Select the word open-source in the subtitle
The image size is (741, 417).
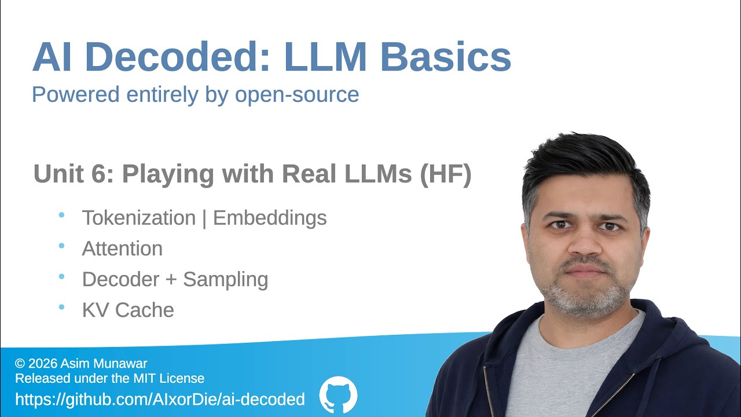pyautogui.click(x=297, y=94)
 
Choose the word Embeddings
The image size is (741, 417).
pyautogui.click(x=270, y=218)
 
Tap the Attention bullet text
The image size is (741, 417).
pyautogui.click(x=122, y=248)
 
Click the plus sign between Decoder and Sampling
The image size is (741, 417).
pyautogui.click(x=170, y=280)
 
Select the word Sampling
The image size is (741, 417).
pyautogui.click(x=226, y=279)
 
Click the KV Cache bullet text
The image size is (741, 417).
pyautogui.click(x=128, y=310)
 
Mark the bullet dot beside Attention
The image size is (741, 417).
pyautogui.click(x=61, y=246)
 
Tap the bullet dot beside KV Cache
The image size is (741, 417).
pyautogui.click(x=61, y=308)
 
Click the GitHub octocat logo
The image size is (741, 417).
pyautogui.click(x=339, y=395)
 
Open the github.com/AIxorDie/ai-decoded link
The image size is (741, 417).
pyautogui.click(x=160, y=399)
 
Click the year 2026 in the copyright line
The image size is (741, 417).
pyautogui.click(x=42, y=364)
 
